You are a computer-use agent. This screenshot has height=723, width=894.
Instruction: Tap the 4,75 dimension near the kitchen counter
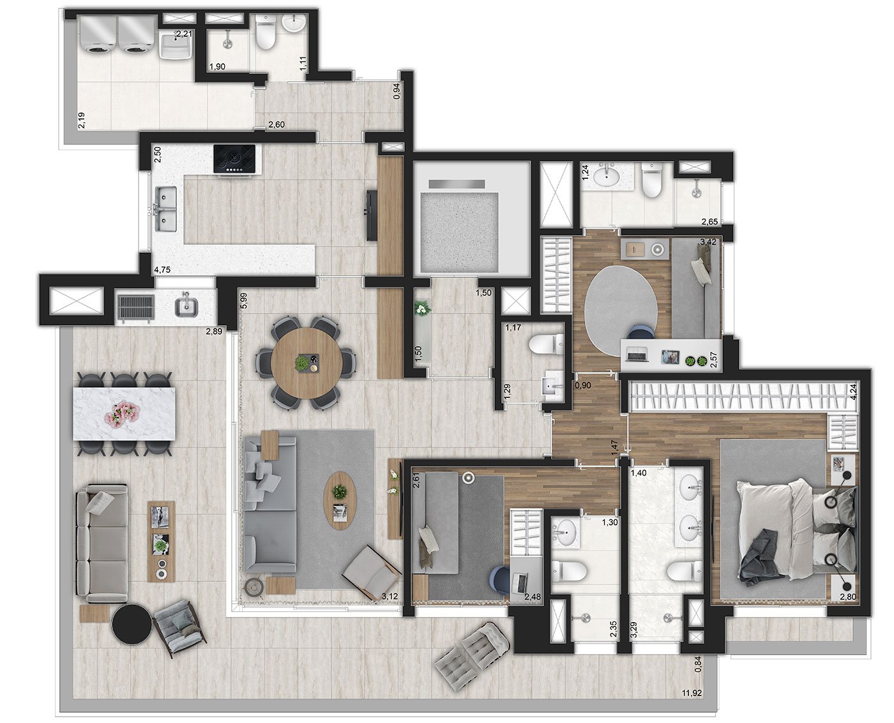(162, 270)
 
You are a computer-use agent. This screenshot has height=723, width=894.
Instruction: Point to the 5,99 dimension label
(244, 301)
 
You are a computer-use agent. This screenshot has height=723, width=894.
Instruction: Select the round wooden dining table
(307, 363)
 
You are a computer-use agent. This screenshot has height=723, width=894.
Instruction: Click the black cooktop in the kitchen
(234, 158)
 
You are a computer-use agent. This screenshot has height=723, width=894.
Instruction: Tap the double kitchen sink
(166, 209)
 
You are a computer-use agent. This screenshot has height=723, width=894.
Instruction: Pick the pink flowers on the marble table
(123, 415)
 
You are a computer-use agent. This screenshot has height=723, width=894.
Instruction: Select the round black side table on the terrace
(131, 624)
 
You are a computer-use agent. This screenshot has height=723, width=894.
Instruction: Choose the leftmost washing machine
(97, 35)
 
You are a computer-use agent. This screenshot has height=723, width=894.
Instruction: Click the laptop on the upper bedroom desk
(637, 354)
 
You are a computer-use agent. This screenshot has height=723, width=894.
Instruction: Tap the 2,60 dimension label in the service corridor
(276, 125)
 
